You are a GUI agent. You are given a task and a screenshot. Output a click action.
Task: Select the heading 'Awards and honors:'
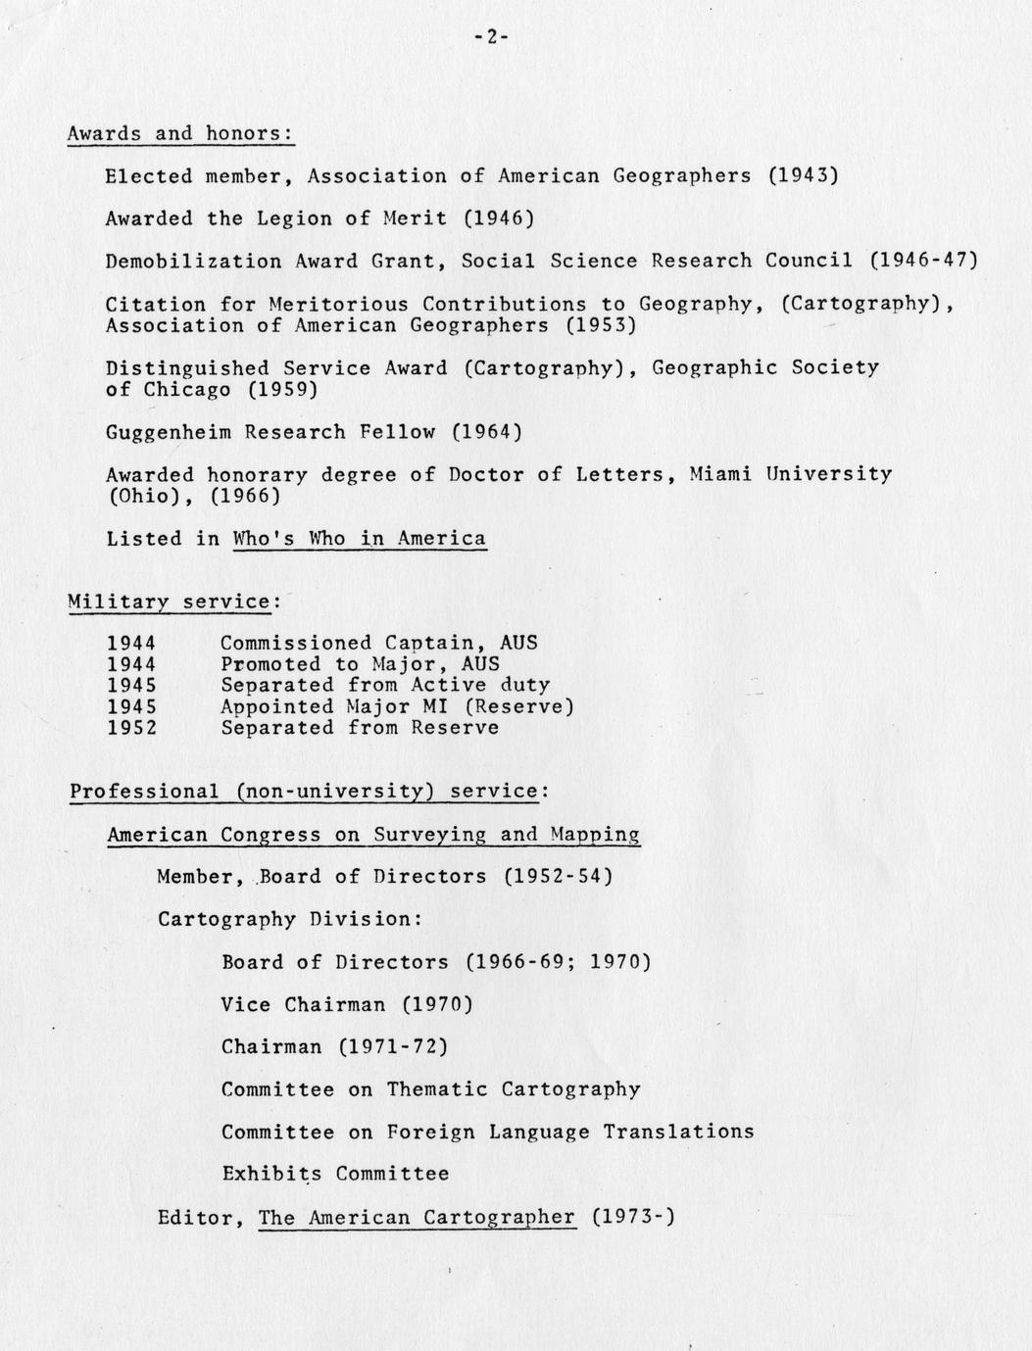[180, 133]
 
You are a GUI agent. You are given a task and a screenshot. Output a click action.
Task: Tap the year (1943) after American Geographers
[803, 176]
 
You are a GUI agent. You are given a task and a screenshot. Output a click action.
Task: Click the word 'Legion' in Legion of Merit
[294, 218]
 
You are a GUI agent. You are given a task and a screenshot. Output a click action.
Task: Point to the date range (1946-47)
[923, 261]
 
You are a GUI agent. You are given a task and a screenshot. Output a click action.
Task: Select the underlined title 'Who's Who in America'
[359, 538]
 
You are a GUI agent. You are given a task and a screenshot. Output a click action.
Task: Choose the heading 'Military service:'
[174, 602]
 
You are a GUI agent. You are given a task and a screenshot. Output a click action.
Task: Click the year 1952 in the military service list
[131, 728]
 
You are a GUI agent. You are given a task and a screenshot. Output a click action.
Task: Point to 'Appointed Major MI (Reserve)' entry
[397, 706]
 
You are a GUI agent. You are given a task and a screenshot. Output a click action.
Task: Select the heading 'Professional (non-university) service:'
[310, 791]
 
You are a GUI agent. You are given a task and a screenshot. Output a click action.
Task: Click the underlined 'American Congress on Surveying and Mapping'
[373, 835]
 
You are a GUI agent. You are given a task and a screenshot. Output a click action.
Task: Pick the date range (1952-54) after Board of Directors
[558, 876]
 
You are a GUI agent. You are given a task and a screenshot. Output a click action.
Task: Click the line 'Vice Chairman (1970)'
[347, 1004]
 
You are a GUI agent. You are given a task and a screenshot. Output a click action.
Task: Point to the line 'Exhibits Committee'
[335, 1174]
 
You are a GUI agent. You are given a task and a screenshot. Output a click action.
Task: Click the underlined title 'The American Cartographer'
[417, 1218]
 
